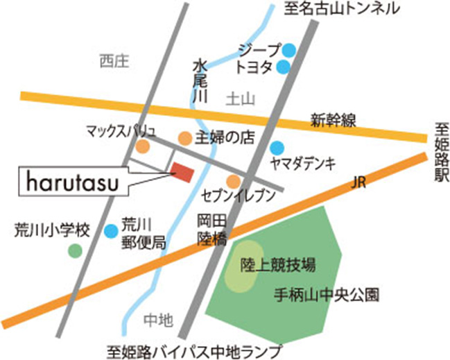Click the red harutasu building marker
[183, 172]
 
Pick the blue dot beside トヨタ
[284, 67]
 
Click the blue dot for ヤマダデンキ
[277, 147]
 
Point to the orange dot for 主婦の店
[185, 138]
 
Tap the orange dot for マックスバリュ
[142, 146]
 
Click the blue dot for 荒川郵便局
[110, 230]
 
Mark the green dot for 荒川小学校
[74, 250]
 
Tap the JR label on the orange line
[358, 182]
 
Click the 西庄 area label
[114, 62]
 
